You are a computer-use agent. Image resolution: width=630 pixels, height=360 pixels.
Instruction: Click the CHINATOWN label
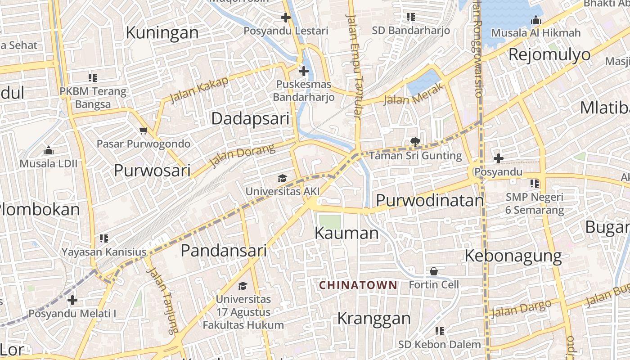click(x=358, y=285)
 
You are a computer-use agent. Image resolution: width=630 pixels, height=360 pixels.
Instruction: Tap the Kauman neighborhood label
click(x=346, y=233)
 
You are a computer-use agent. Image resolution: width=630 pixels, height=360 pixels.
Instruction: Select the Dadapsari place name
click(x=250, y=119)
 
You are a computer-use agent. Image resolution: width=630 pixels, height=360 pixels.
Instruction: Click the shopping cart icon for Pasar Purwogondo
click(x=144, y=131)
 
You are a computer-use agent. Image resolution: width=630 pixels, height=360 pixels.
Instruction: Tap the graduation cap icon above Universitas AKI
click(x=282, y=179)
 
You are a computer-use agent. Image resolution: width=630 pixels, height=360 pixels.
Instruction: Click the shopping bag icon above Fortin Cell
click(x=434, y=271)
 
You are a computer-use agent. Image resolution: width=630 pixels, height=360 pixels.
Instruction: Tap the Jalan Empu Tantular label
click(x=354, y=66)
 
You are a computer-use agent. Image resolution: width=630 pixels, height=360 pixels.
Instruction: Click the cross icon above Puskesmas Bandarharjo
click(x=304, y=71)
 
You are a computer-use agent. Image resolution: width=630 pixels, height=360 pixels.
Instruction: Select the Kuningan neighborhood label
click(x=162, y=33)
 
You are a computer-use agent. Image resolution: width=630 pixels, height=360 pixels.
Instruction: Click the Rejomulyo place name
click(x=549, y=54)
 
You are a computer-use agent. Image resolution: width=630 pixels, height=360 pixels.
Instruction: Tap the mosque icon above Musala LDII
click(x=49, y=150)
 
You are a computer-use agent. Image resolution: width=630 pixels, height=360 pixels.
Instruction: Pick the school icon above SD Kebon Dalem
click(x=440, y=331)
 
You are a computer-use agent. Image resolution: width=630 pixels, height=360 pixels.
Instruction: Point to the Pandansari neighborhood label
click(x=224, y=251)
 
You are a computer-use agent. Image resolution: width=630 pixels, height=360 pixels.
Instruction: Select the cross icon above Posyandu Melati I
click(x=72, y=300)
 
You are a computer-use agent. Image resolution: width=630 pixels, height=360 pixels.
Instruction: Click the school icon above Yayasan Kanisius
click(x=104, y=238)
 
